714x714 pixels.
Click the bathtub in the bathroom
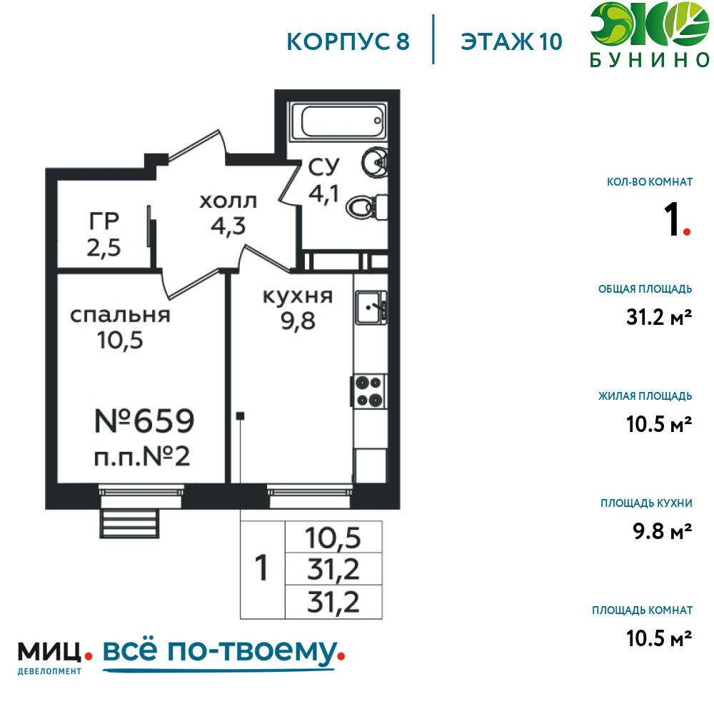tap(338, 121)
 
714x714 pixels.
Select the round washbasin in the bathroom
tap(375, 162)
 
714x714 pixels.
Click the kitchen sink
tap(371, 307)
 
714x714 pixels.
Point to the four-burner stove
tap(368, 391)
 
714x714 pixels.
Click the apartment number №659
tap(144, 421)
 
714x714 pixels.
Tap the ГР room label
tap(104, 221)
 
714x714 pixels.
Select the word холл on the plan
tap(228, 201)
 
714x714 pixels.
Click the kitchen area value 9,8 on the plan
tap(298, 321)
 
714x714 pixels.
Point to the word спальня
tap(120, 316)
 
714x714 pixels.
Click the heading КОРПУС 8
tap(348, 41)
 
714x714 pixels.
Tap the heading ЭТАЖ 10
tap(511, 41)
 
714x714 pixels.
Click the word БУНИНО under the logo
tap(650, 60)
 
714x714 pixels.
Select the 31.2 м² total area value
tap(659, 317)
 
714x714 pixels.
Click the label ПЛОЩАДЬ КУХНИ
tap(646, 503)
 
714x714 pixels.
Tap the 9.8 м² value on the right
tap(663, 531)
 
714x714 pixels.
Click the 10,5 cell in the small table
tap(333, 538)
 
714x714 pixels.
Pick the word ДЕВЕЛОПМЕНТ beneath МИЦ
tap(49, 671)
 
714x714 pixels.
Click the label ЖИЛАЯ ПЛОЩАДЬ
tap(645, 396)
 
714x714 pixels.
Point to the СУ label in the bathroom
tap(323, 167)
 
